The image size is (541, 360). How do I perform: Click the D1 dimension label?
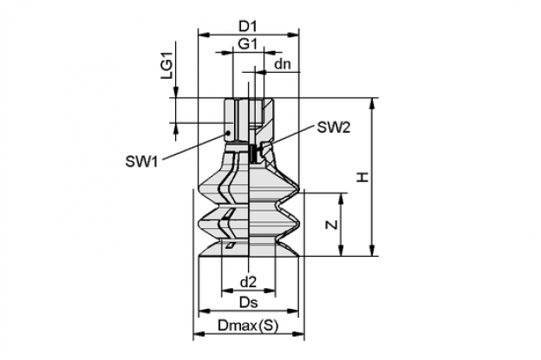(248, 26)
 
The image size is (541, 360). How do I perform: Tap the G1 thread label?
(248, 44)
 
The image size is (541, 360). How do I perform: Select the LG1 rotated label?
(167, 68)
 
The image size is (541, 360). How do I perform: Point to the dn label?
(283, 64)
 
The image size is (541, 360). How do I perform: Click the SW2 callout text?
(334, 128)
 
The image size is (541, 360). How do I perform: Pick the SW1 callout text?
(141, 161)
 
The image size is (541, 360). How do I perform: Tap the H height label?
(363, 177)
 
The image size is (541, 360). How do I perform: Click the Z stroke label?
(331, 225)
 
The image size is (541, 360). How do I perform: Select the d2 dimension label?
(249, 282)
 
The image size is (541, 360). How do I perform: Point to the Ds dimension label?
(249, 303)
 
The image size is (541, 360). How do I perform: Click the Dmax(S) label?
(248, 325)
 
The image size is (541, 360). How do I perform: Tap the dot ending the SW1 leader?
(228, 133)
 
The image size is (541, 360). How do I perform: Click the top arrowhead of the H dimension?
(372, 103)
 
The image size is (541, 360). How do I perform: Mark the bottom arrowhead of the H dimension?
(372, 251)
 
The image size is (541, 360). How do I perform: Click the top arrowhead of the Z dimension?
(341, 199)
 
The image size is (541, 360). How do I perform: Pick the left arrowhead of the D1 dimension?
(205, 35)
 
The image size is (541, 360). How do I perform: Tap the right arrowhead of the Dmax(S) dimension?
(299, 333)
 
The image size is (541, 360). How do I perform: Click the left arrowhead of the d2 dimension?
(226, 291)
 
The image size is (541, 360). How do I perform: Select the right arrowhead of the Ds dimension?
(293, 311)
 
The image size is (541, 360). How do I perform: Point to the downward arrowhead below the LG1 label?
(176, 93)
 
